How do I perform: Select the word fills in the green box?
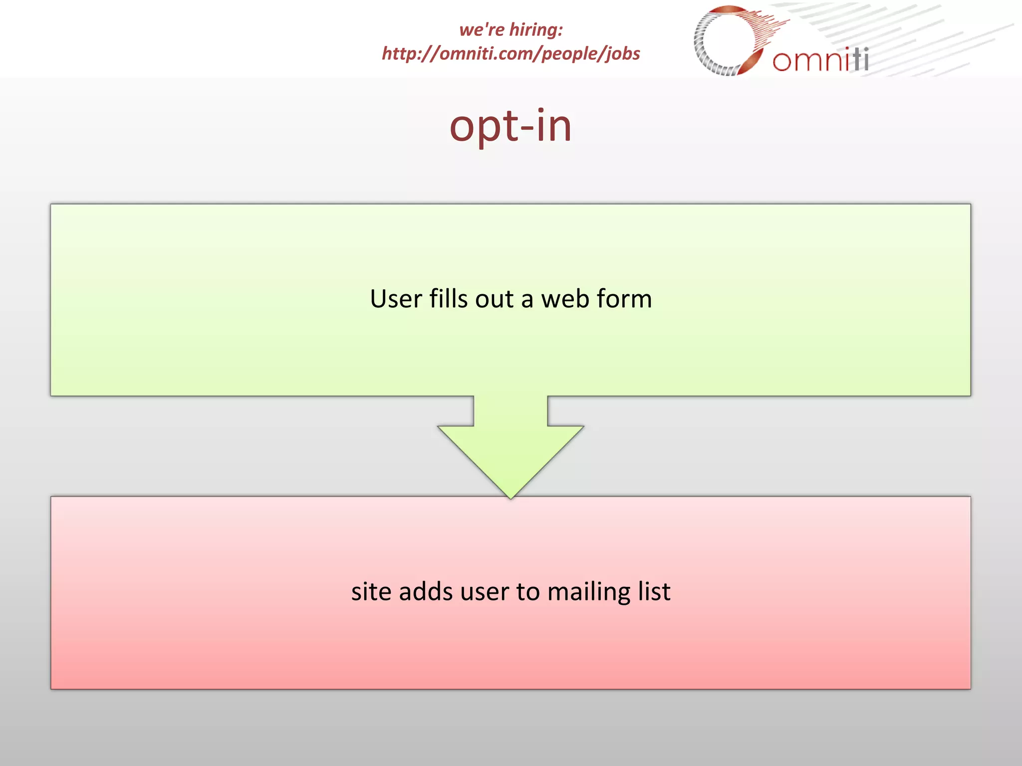(x=448, y=299)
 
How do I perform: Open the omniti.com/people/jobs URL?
(x=511, y=53)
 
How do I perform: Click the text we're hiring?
(x=511, y=30)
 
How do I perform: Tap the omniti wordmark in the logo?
(x=820, y=60)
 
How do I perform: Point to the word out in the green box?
(x=494, y=299)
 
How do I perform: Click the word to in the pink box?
(x=528, y=592)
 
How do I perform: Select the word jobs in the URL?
(x=622, y=54)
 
